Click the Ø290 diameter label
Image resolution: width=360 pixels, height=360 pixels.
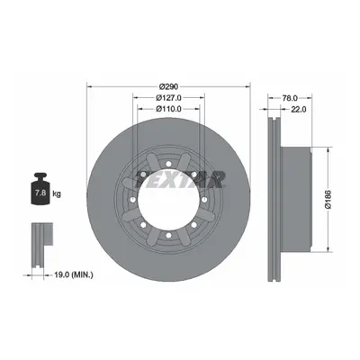click(x=168, y=86)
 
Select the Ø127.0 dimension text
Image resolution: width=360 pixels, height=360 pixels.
click(x=169, y=98)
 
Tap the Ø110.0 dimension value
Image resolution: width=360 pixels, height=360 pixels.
click(x=169, y=109)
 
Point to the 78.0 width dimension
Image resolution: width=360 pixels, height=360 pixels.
click(x=290, y=98)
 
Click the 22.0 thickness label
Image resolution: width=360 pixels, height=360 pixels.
click(x=299, y=110)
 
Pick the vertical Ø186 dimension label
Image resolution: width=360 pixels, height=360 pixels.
click(x=328, y=199)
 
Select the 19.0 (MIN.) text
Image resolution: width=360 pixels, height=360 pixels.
click(x=74, y=274)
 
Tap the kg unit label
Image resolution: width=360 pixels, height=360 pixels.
click(x=57, y=193)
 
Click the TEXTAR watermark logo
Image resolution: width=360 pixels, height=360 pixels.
click(x=180, y=179)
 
